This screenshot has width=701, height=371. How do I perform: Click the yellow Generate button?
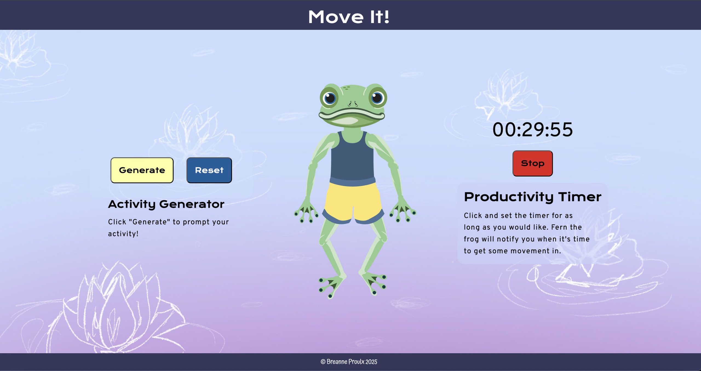(142, 170)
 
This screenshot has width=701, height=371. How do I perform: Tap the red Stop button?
(532, 163)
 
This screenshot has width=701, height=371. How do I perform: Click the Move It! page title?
(349, 17)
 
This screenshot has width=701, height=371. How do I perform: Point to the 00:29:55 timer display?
(532, 130)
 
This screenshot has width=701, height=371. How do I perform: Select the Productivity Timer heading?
(533, 197)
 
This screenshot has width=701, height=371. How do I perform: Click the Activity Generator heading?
(166, 204)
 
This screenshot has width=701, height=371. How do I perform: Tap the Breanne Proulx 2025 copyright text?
(349, 362)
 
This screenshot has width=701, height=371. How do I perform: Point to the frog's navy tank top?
(352, 159)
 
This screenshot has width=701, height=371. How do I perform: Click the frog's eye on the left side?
(329, 98)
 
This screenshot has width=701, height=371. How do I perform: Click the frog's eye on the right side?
(377, 98)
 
